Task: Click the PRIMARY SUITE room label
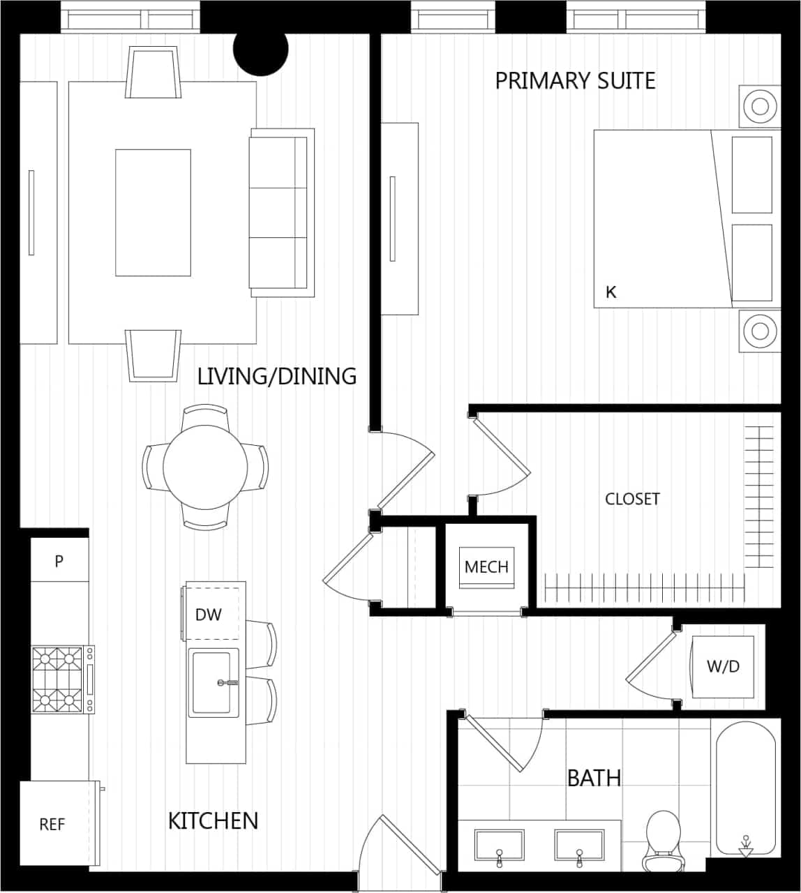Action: tap(575, 81)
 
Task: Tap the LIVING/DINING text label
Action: tap(277, 377)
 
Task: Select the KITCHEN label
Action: tap(213, 820)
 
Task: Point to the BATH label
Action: tap(594, 778)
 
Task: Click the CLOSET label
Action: tap(632, 500)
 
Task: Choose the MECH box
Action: tap(486, 567)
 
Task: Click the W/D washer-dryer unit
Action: tap(723, 666)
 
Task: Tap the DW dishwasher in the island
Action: tap(209, 615)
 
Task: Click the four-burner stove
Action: tap(57, 680)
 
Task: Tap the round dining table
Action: tap(204, 467)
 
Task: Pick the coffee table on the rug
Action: tap(153, 212)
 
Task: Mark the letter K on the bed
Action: tap(611, 292)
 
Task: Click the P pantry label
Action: tap(59, 561)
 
